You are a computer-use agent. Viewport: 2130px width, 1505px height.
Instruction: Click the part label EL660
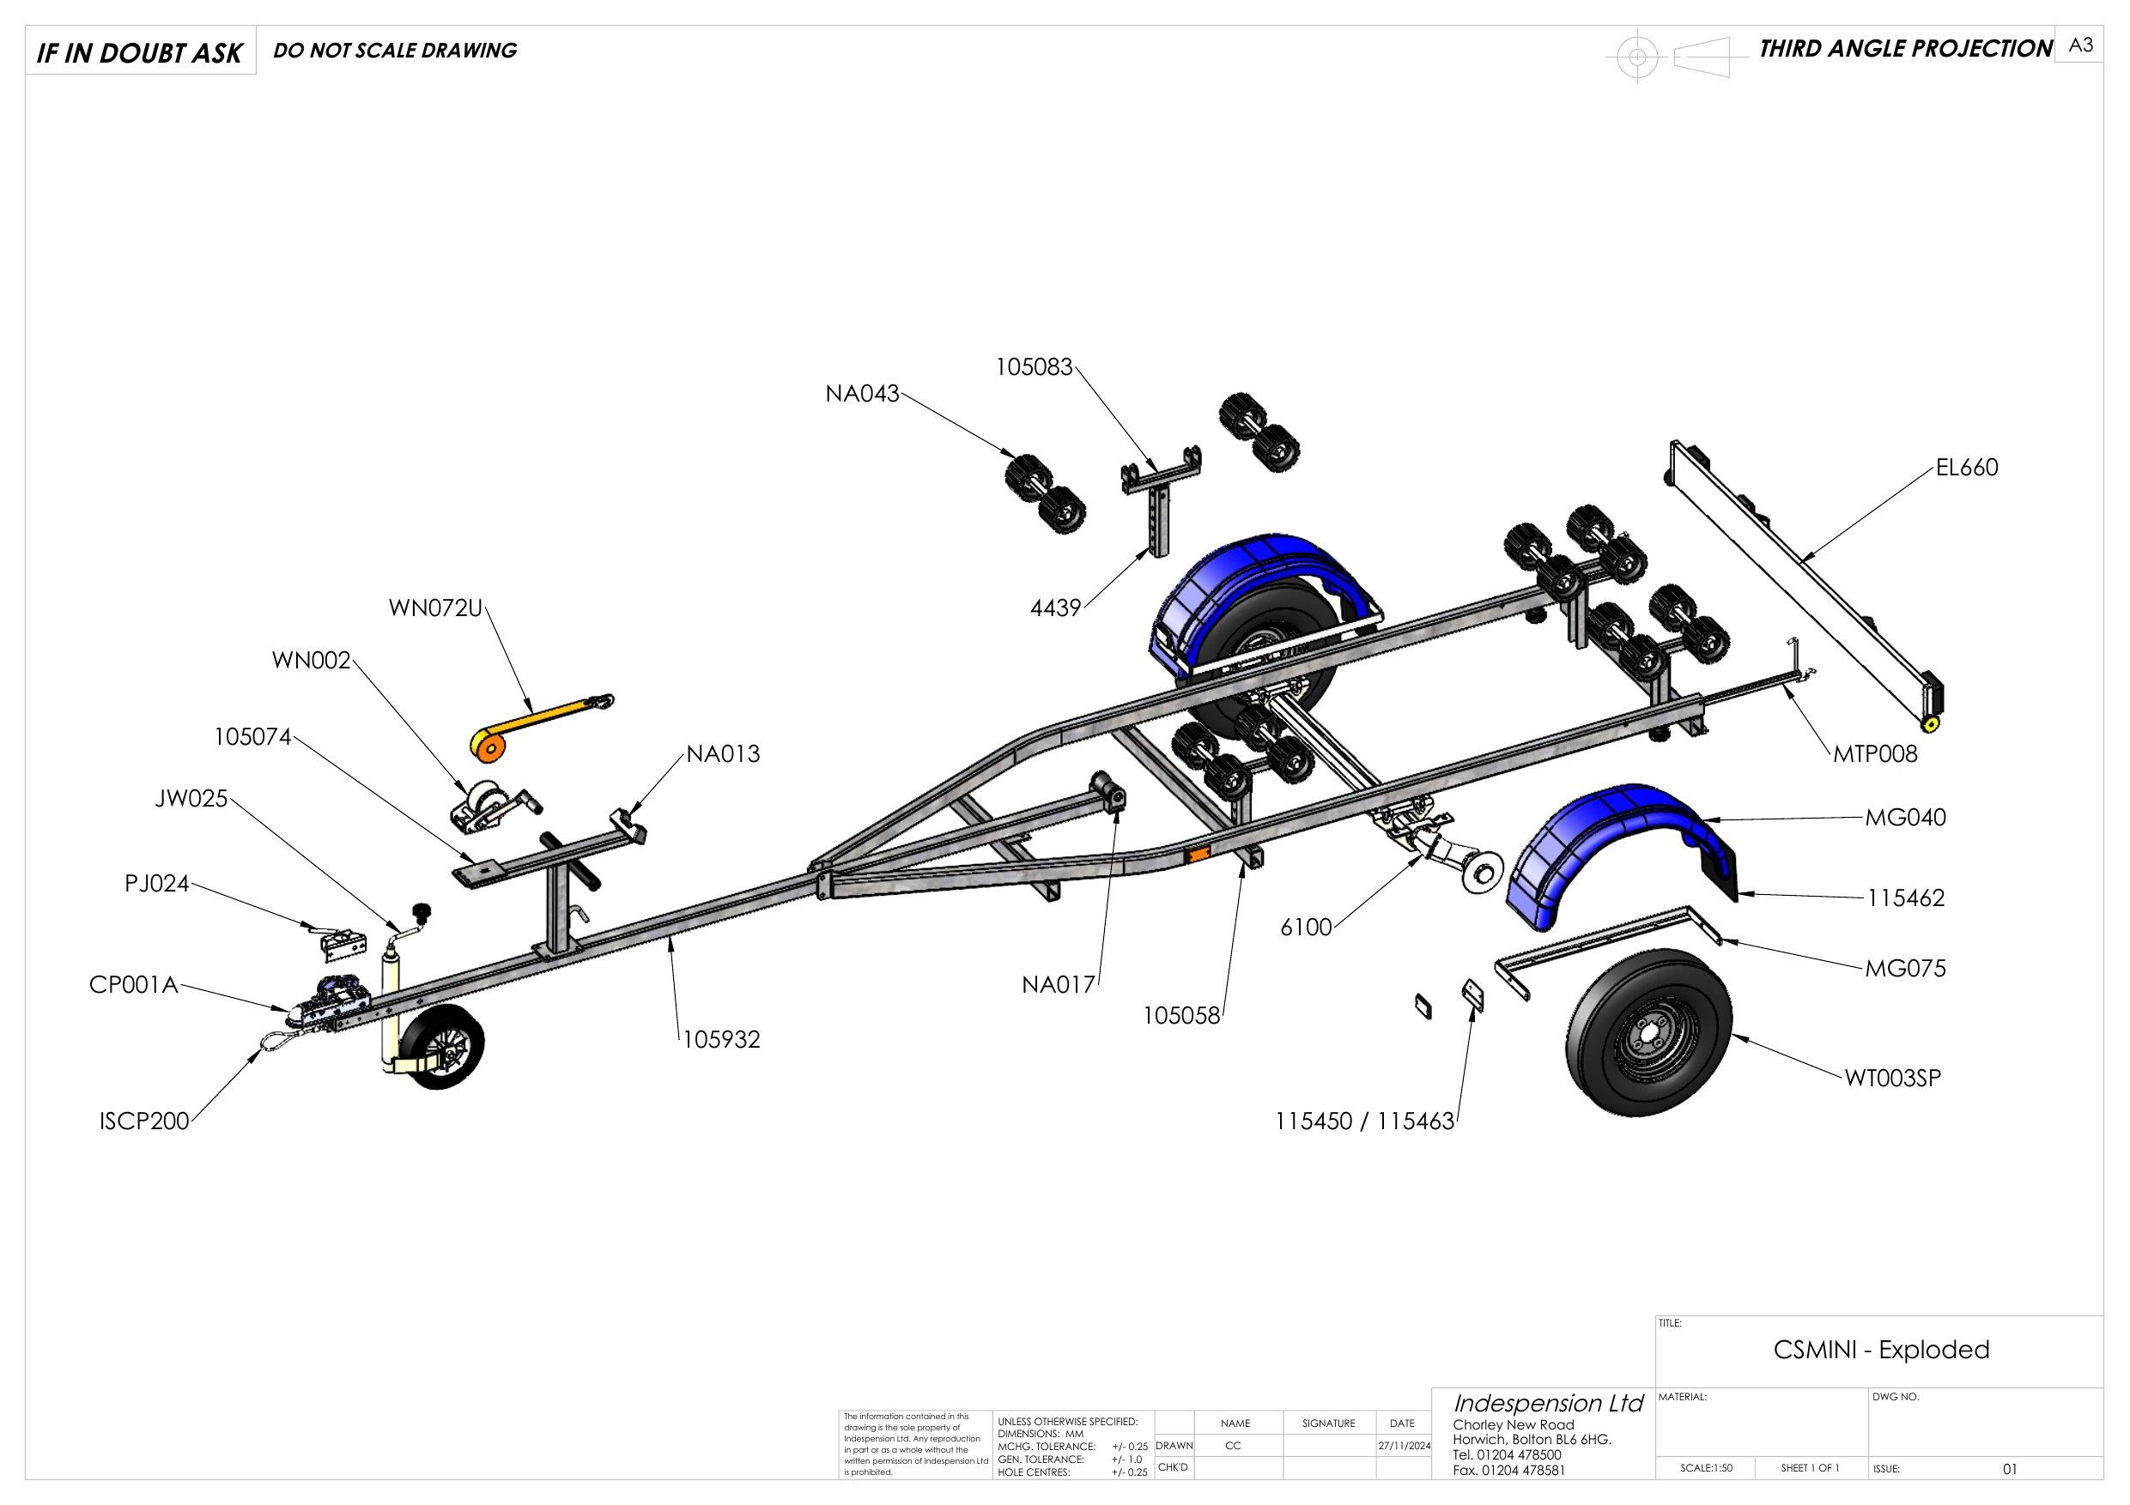1966,468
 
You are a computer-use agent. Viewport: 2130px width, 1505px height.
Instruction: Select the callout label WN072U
436,608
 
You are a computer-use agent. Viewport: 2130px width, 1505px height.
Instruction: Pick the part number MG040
1906,818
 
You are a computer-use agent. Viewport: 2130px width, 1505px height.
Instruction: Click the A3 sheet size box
2080,45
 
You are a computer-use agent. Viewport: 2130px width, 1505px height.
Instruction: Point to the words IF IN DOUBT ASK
139,53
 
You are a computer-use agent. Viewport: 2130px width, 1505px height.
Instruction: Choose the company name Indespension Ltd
1548,1404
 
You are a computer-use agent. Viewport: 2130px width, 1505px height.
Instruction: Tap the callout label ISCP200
143,1121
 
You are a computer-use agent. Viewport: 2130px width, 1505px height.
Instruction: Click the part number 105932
722,1039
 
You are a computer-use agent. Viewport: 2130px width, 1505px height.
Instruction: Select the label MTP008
1875,754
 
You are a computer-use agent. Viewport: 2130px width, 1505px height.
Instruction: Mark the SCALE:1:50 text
1706,1468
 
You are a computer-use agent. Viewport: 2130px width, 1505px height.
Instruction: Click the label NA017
1059,985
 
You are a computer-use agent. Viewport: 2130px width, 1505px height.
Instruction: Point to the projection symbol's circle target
1637,57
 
